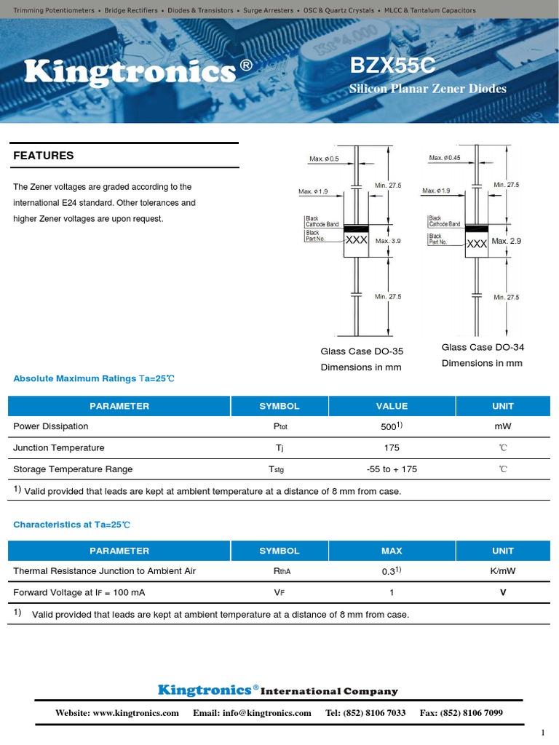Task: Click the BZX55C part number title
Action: pos(392,66)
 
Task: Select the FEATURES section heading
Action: pos(44,155)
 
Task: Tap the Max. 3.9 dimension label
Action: pos(388,240)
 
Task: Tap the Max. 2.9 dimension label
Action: pos(507,240)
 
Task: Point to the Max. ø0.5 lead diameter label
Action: pos(324,158)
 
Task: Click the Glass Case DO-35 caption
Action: pos(362,351)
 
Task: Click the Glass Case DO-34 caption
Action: pos(482,347)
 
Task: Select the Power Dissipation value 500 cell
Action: pos(392,426)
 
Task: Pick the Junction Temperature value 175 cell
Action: pos(392,448)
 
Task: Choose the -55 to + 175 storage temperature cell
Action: pos(392,469)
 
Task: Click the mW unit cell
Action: pos(502,426)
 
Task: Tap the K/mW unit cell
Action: pos(502,571)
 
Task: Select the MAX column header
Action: pos(392,551)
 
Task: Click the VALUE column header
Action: pos(392,406)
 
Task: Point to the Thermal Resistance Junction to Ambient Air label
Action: pos(104,571)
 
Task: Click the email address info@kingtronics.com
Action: pos(252,713)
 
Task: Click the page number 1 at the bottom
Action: pos(542,732)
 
